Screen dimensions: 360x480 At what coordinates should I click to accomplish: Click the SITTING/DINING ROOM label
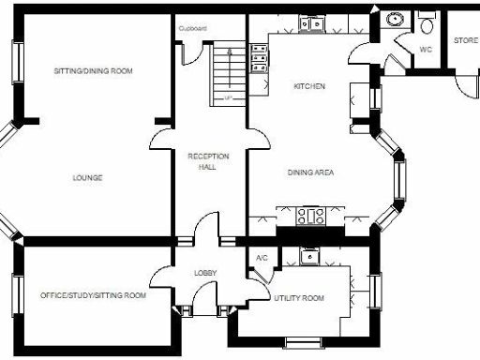pyautogui.click(x=93, y=71)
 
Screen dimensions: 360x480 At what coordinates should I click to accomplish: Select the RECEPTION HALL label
pyautogui.click(x=202, y=161)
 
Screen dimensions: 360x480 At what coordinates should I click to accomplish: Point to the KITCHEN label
pyautogui.click(x=309, y=86)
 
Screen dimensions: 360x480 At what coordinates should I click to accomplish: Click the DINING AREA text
pyautogui.click(x=310, y=172)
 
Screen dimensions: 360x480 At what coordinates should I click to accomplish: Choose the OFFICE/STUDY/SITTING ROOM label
pyautogui.click(x=93, y=296)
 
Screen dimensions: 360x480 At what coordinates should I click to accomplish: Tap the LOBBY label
pyautogui.click(x=205, y=273)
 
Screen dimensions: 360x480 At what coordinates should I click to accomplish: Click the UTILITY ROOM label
pyautogui.click(x=298, y=298)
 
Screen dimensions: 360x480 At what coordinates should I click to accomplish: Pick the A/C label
pyautogui.click(x=262, y=258)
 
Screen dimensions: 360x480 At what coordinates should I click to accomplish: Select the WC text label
pyautogui.click(x=425, y=50)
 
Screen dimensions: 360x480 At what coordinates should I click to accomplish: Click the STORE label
pyautogui.click(x=466, y=41)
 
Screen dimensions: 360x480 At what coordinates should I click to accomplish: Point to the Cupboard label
pyautogui.click(x=193, y=28)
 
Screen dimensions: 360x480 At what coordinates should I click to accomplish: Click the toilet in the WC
pyautogui.click(x=426, y=22)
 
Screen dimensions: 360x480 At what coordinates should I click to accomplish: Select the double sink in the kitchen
pyautogui.click(x=310, y=22)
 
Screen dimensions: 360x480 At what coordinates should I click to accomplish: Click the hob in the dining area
pyautogui.click(x=310, y=216)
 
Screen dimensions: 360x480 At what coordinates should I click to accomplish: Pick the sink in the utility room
pyautogui.click(x=309, y=255)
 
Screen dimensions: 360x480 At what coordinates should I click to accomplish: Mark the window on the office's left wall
pyautogui.click(x=16, y=295)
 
